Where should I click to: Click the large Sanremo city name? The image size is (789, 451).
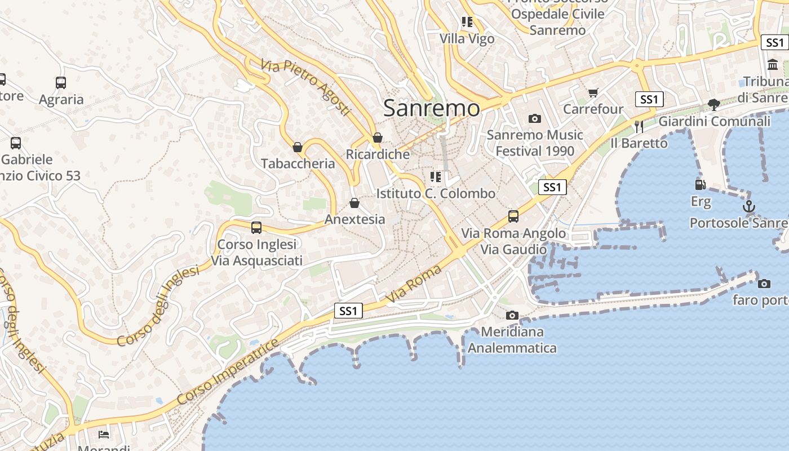[x=432, y=108]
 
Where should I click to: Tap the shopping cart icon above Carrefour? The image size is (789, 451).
[x=593, y=92]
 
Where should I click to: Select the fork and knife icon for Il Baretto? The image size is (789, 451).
[x=639, y=126]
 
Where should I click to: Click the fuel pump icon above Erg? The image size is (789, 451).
[x=701, y=184]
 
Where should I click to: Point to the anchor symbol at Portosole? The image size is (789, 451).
[x=748, y=206]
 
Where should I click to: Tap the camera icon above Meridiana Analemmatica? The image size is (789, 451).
[x=512, y=315]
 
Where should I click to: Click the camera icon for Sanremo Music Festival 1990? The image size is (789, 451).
[x=534, y=118]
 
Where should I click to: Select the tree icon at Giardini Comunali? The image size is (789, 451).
[x=713, y=104]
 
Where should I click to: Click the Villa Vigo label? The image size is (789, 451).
[x=467, y=39]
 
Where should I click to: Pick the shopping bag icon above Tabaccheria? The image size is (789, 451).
[x=298, y=147]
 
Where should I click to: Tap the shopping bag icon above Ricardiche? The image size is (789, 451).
[x=378, y=138]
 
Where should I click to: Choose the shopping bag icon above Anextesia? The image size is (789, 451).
[x=354, y=202]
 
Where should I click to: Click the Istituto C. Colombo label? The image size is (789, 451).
[x=436, y=193]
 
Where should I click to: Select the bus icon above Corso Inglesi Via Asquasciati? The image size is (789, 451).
[x=256, y=228]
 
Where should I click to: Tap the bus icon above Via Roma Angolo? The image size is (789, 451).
[x=513, y=216]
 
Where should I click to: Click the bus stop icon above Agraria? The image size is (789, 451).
[x=61, y=83]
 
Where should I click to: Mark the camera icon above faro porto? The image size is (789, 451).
[x=764, y=284]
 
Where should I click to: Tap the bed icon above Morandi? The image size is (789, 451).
[x=104, y=434]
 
